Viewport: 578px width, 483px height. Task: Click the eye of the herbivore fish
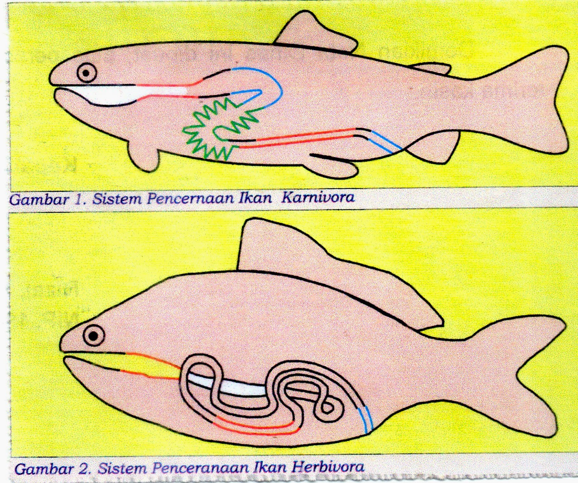pyautogui.click(x=94, y=336)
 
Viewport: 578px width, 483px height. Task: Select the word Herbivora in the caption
pyautogui.click(x=328, y=467)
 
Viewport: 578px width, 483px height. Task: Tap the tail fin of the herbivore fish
pyautogui.click(x=520, y=376)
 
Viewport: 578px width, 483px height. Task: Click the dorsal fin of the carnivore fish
pyautogui.click(x=314, y=33)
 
